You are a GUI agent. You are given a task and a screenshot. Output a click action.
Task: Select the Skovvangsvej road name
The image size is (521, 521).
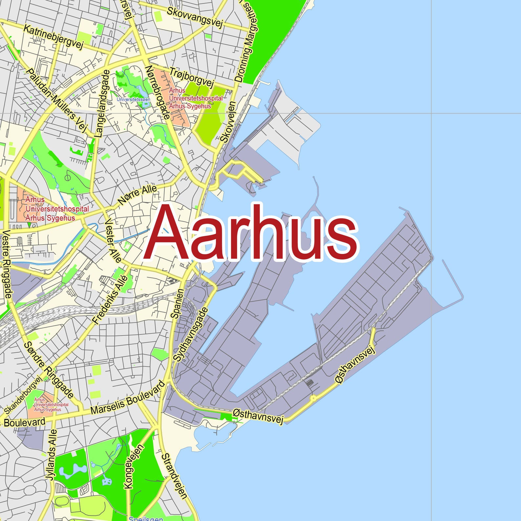[x=195, y=16]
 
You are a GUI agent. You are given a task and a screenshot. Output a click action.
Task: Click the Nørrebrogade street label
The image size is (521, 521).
[x=158, y=92]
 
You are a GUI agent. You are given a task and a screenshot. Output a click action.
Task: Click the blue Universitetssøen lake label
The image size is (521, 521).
[x=134, y=99]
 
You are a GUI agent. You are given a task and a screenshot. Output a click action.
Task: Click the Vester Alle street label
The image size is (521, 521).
[x=113, y=240]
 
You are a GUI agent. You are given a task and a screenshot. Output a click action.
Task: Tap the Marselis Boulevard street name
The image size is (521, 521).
[x=127, y=397]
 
